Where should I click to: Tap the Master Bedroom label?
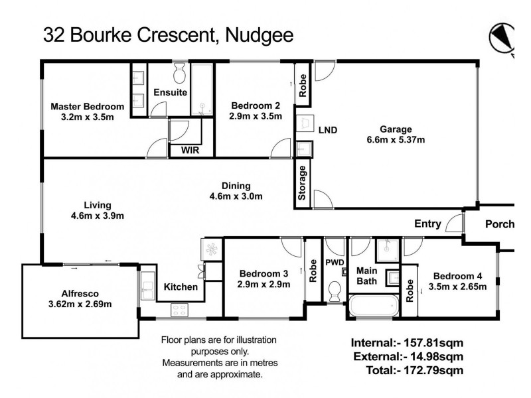point(87,106)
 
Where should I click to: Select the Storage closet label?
point(303,185)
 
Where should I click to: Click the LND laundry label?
point(328,129)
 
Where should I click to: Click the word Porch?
point(499,224)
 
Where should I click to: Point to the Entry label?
point(427,224)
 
